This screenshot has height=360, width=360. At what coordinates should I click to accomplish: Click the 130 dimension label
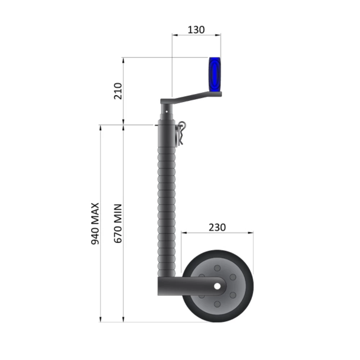pyautogui.click(x=196, y=30)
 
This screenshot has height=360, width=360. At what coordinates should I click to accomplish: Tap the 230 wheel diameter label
pyautogui.click(x=217, y=228)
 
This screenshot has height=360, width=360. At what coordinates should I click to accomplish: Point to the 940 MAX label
pyautogui.click(x=95, y=224)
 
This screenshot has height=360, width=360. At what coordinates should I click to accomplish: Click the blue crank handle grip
pyautogui.click(x=215, y=75)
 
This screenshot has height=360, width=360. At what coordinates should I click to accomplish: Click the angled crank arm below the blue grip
pyautogui.click(x=191, y=98)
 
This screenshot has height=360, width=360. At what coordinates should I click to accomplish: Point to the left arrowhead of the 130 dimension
pyautogui.click(x=174, y=35)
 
